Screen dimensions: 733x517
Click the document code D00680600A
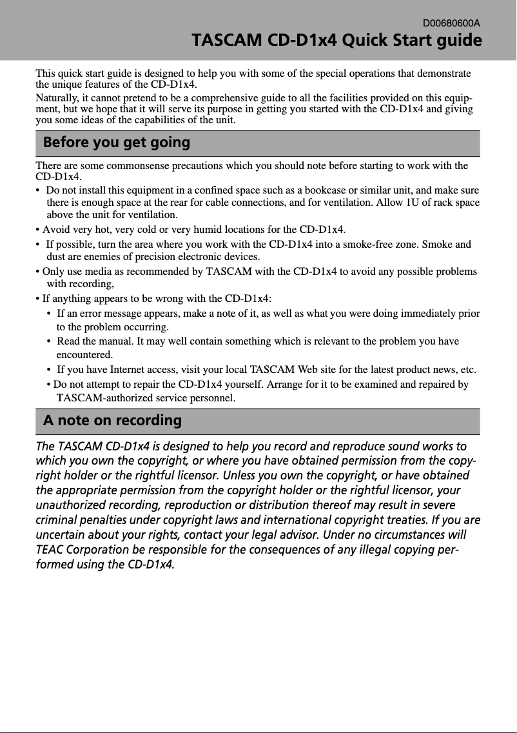pos(451,23)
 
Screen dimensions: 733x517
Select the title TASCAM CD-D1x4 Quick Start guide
pos(337,41)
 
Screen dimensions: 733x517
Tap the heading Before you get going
pos(117,143)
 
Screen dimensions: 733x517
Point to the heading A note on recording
pos(112,421)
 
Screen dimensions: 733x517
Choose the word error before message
pos(83,314)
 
